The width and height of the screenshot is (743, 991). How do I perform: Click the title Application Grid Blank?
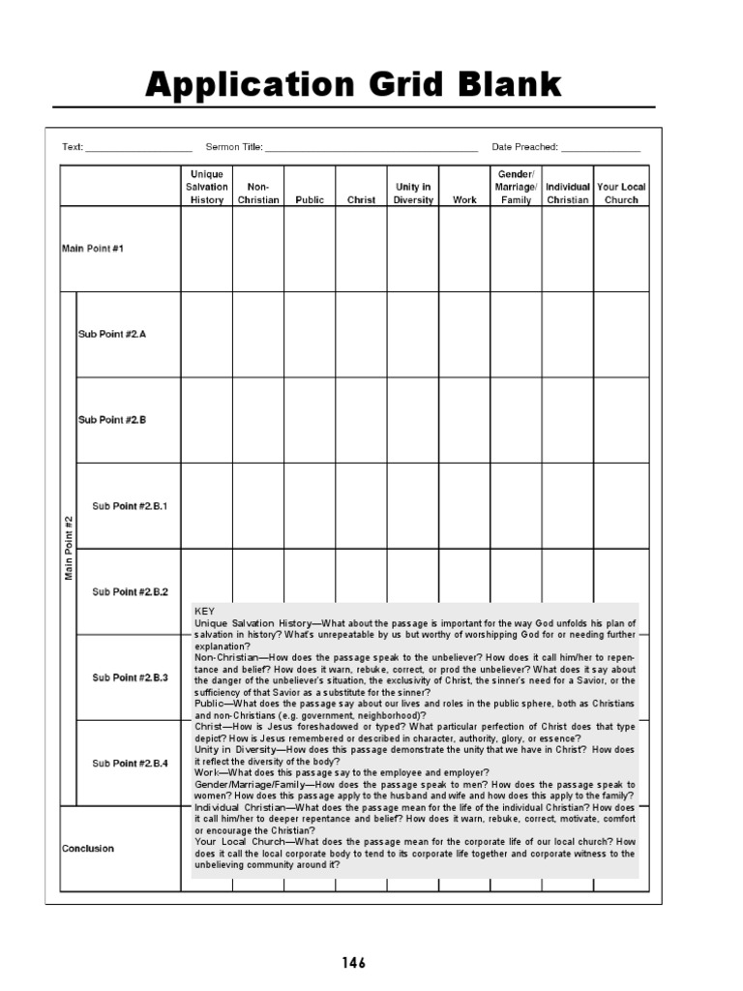[x=353, y=85]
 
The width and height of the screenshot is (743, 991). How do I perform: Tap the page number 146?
[x=353, y=963]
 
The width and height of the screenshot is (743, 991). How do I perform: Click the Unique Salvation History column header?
[x=207, y=187]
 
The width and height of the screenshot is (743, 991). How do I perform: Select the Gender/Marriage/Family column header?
[x=516, y=187]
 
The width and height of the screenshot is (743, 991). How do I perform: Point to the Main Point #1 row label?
[x=93, y=249]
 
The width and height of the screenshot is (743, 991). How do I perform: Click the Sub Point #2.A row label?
[x=112, y=334]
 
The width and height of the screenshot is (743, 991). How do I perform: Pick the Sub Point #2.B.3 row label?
[x=130, y=677]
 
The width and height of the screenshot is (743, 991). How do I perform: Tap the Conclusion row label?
[x=88, y=849]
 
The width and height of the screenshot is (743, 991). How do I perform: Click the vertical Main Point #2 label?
[x=69, y=548]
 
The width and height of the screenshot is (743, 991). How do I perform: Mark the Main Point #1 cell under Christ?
[x=362, y=249]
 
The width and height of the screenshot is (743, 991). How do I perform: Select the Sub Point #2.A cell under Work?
[x=464, y=334]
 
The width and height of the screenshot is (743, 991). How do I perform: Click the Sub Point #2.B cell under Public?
[x=310, y=420]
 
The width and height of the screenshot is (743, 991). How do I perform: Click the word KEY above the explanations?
[x=204, y=612]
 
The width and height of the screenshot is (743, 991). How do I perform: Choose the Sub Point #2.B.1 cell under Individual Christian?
[x=568, y=506]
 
